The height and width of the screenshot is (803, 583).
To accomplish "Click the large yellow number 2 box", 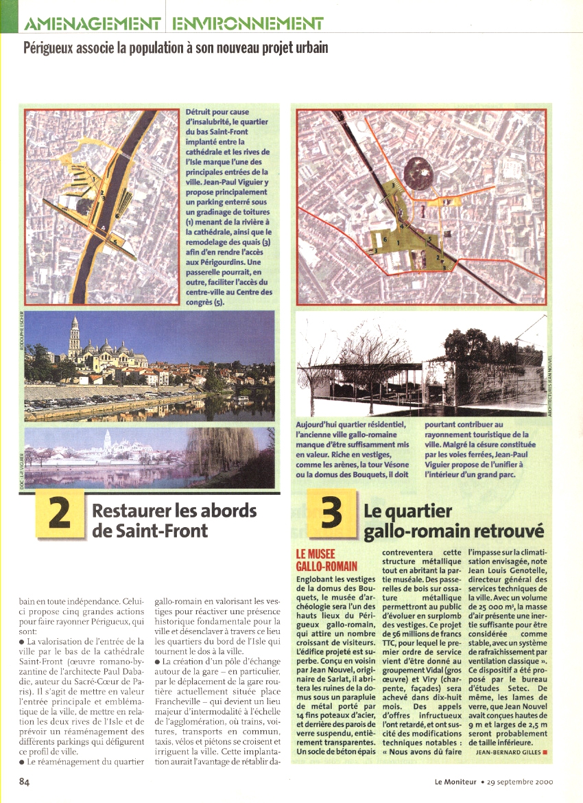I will tap(60, 514).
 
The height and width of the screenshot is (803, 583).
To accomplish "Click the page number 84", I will tap(25, 780).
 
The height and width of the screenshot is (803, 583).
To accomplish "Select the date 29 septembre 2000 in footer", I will tap(519, 781).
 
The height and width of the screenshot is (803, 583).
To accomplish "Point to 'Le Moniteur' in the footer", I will tap(455, 781).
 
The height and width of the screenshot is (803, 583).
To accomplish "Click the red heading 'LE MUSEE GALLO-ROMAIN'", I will tap(326, 559).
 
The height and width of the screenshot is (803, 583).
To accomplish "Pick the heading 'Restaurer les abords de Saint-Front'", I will tap(174, 520).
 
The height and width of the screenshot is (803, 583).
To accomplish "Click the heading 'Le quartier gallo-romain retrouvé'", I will tap(453, 521).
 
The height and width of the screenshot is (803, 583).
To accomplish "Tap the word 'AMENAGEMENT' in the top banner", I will tap(93, 25).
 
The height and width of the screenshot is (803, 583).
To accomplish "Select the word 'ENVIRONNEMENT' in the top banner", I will tap(248, 25).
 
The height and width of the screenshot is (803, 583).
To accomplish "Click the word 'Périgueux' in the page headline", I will tap(51, 49).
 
